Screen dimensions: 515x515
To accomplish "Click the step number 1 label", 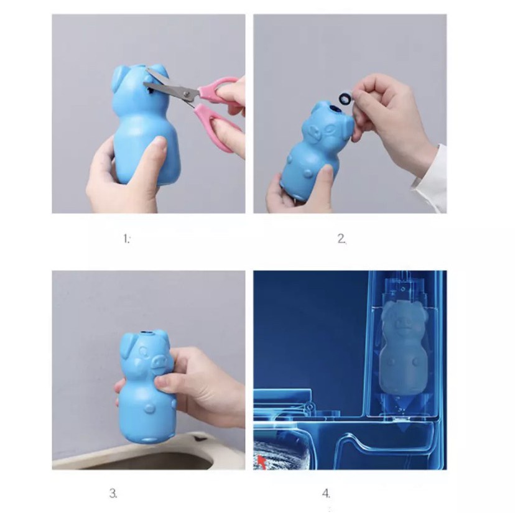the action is click(126, 238).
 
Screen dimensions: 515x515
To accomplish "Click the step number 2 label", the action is click(341, 238).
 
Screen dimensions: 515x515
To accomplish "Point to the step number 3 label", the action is click(113, 493).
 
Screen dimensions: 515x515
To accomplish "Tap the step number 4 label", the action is click(326, 493).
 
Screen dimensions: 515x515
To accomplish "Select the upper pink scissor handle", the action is click(218, 88).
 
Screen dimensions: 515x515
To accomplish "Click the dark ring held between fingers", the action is click(345, 97).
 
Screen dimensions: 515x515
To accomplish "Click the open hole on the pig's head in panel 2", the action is click(335, 108).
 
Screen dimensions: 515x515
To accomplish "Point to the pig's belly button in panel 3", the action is click(150, 409).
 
